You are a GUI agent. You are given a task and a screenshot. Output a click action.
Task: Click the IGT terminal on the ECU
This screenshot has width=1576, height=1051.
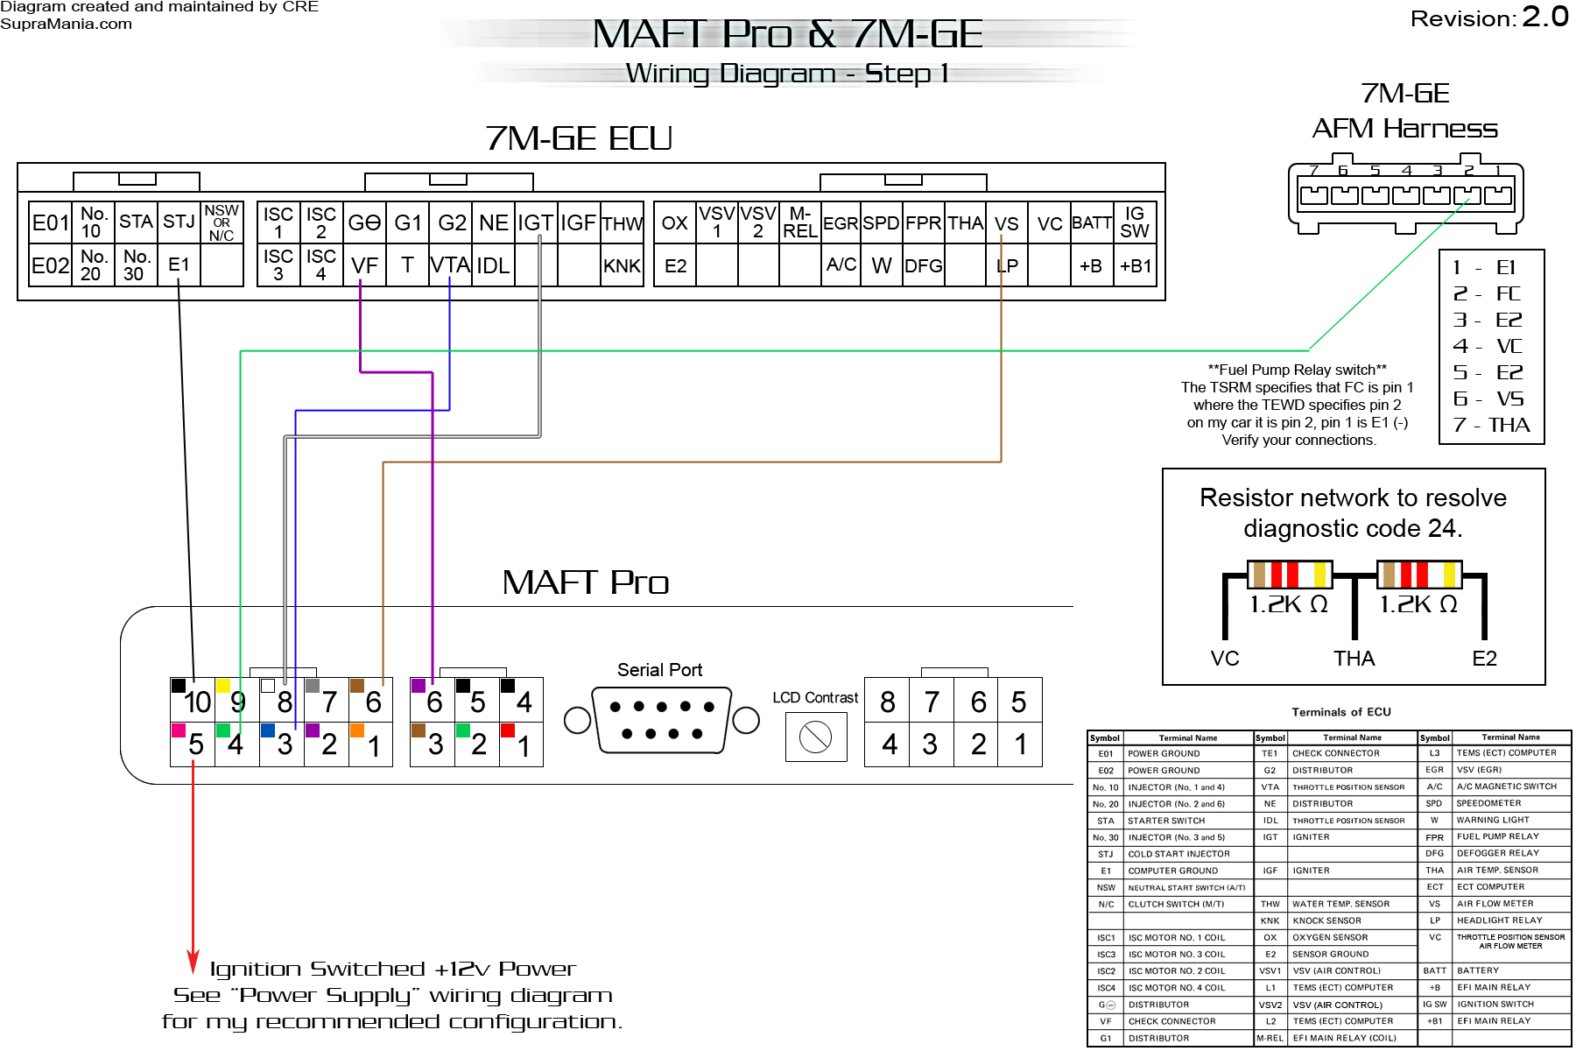pyautogui.click(x=535, y=222)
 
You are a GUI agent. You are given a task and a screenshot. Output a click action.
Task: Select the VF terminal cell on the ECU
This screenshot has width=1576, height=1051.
pyautogui.click(x=364, y=265)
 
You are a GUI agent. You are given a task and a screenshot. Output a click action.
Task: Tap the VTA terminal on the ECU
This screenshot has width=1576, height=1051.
pyautogui.click(x=450, y=265)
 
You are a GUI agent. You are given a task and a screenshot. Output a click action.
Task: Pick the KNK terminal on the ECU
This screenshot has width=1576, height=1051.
pyautogui.click(x=622, y=265)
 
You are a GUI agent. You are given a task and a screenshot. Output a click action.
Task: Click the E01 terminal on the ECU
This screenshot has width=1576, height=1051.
pyautogui.click(x=51, y=222)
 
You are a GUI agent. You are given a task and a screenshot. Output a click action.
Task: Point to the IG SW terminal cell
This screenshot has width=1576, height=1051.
pyautogui.click(x=1134, y=222)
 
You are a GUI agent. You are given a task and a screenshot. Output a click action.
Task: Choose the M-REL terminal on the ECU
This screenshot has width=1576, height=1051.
pyautogui.click(x=799, y=222)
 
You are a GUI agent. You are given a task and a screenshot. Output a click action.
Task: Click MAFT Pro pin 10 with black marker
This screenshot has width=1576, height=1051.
pyautogui.click(x=193, y=700)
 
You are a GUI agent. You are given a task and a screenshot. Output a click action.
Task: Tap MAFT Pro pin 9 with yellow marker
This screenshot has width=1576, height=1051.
pyautogui.click(x=236, y=700)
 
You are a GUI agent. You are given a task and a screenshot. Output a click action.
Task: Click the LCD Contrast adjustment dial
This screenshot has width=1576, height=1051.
pyautogui.click(x=815, y=737)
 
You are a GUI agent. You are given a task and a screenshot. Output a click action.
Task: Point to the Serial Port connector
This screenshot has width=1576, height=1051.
pyautogui.click(x=661, y=720)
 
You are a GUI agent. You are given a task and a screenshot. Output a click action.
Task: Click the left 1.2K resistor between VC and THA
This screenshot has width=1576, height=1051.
pyautogui.click(x=1289, y=575)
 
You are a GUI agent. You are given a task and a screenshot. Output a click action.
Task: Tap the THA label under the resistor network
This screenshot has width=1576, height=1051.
pyautogui.click(x=1354, y=659)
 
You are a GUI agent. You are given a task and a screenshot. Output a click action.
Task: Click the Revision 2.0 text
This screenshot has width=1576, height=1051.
pyautogui.click(x=1489, y=18)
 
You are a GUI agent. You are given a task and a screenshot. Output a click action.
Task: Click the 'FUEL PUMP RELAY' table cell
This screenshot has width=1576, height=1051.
pyautogui.click(x=1497, y=836)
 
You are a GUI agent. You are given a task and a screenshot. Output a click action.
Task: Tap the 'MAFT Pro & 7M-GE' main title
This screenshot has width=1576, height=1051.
pyautogui.click(x=787, y=35)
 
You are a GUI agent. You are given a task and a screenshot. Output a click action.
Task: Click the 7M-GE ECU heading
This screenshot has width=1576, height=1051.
pyautogui.click(x=579, y=138)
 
